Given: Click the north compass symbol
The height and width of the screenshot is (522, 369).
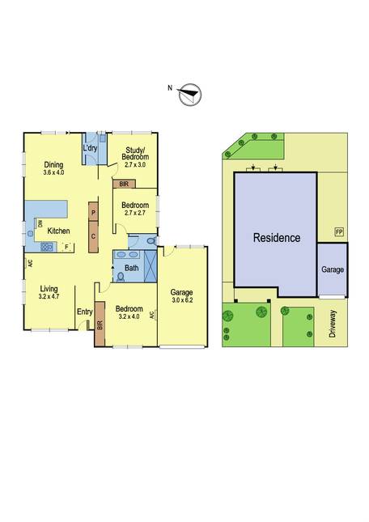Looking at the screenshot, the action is pos(190,94).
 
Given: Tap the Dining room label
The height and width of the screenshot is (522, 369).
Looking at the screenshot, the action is pos(54,165).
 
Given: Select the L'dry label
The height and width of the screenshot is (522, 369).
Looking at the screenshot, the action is pos(90,148).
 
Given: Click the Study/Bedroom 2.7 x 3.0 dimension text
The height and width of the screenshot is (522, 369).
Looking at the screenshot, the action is pos(135,164).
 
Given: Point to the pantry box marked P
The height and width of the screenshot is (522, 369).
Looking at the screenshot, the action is pos(94,212).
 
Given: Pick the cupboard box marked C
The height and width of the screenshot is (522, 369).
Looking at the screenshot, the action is pos(94,236).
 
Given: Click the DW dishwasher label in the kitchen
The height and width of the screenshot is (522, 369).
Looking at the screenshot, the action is pos(40,223).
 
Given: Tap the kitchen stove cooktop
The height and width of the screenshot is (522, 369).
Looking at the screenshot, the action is pos(47,247).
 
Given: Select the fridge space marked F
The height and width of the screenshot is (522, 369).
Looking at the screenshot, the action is pos(67,247).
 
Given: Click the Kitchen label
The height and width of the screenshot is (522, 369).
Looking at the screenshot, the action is pos(58,231).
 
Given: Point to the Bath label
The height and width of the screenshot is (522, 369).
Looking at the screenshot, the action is pos(131,268).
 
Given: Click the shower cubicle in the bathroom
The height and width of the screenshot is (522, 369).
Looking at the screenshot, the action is pos(151,266).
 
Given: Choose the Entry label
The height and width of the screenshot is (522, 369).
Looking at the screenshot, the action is pos(85,312).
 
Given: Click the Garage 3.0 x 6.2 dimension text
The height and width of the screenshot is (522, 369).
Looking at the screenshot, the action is pos(182,300).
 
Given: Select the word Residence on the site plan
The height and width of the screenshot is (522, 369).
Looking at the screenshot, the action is pos(277,238).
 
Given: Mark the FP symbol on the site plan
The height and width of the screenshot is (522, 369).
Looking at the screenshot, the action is pos(339,232).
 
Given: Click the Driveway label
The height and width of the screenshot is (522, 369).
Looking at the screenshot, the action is pos(333,324).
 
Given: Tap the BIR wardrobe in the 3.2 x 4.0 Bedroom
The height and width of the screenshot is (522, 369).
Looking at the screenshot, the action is pos(100,324).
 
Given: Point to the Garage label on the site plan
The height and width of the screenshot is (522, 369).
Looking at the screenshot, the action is pos(333,269).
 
